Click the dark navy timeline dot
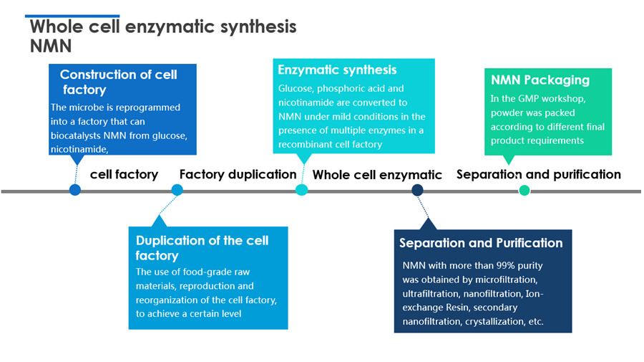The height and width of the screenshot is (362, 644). [x=417, y=190]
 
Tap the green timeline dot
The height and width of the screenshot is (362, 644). [x=524, y=191]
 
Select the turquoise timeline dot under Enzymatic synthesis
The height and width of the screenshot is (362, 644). [x=301, y=190]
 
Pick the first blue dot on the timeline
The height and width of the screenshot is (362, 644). [x=74, y=190]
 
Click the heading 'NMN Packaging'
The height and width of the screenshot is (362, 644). [x=540, y=80]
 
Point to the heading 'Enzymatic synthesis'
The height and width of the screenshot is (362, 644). [x=337, y=70]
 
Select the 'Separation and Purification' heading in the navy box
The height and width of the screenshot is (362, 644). [x=481, y=243]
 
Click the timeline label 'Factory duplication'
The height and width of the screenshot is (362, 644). [x=238, y=174]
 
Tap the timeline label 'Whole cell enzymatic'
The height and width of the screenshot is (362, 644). [x=377, y=175]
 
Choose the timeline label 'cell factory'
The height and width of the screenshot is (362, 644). [x=124, y=174]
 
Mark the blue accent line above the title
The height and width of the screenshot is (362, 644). [x=72, y=16]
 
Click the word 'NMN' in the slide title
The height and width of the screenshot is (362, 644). [x=51, y=46]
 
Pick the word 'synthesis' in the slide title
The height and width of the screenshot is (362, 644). [x=258, y=27]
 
